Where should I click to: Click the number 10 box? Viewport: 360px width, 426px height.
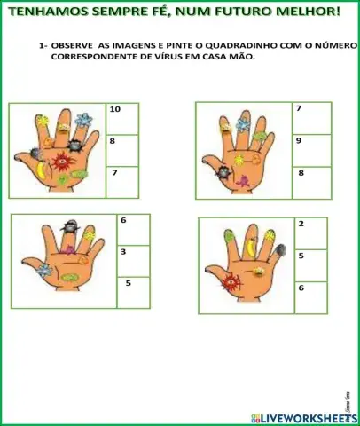pyautogui.click(x=122, y=119)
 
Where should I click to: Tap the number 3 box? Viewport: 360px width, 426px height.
pyautogui.click(x=134, y=261)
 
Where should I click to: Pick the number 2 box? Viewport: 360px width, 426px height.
pyautogui.click(x=311, y=233)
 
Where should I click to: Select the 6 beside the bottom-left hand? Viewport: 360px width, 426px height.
pyautogui.click(x=134, y=230)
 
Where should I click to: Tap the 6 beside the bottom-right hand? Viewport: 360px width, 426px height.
pyautogui.click(x=311, y=296)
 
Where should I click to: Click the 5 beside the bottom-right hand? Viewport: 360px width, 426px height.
pyautogui.click(x=311, y=265)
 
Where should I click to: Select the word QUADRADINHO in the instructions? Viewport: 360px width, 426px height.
pyautogui.click(x=240, y=44)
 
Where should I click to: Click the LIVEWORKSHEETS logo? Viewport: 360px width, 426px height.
pyautogui.click(x=303, y=417)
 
